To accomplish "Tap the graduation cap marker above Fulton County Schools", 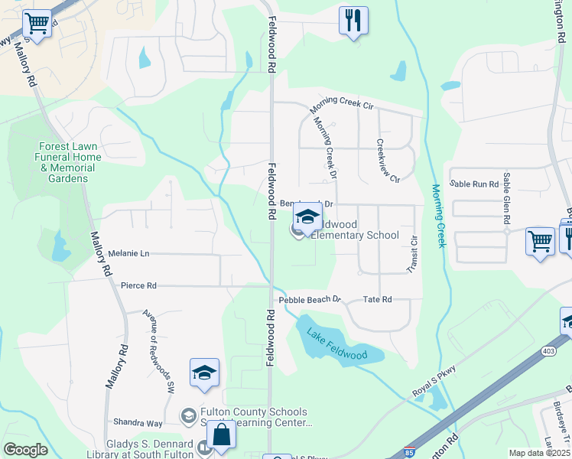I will point(204,373).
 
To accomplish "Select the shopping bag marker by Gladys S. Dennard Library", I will point(221,435).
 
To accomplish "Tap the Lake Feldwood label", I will point(336,345).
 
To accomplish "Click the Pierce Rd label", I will point(138,285).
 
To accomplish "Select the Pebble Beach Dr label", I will point(309,300).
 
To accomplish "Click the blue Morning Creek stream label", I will point(437,216).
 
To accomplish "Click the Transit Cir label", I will point(413,254).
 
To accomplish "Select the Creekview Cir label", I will point(388,161).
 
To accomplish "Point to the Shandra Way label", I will point(138,423).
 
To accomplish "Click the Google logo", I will point(24,450).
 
